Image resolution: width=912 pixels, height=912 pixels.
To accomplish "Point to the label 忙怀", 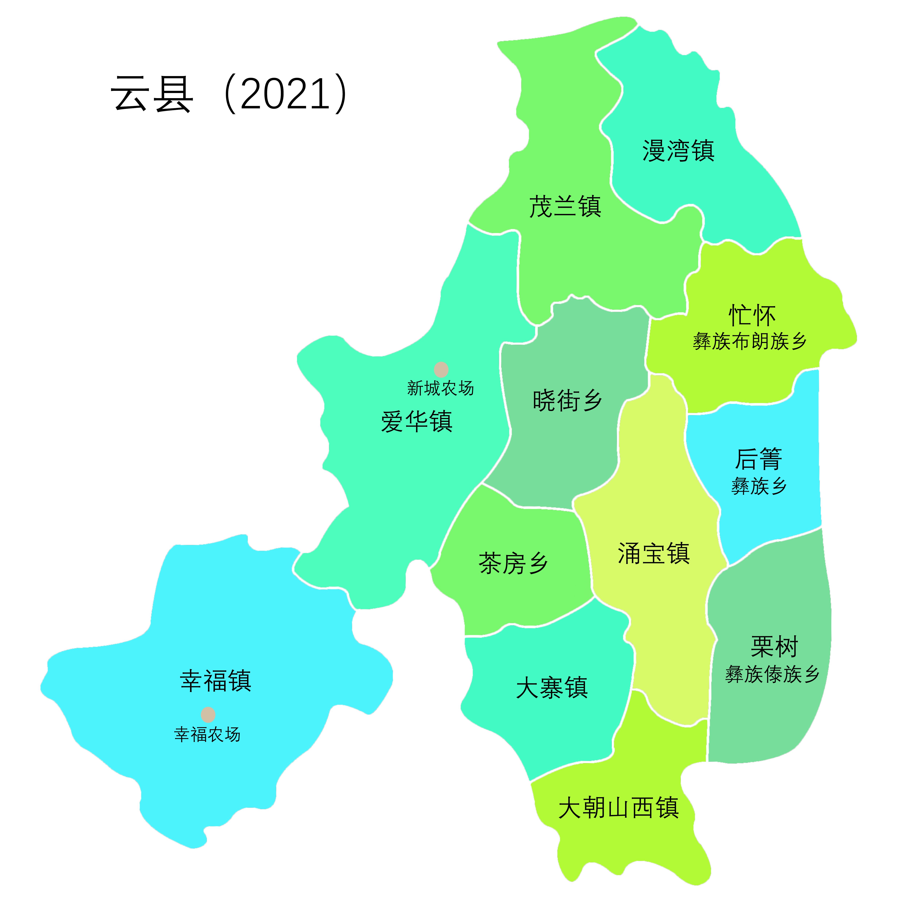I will (x=752, y=315).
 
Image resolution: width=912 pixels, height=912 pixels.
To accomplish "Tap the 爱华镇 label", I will (x=417, y=422).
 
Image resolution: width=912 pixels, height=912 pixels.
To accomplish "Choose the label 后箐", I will (x=759, y=459).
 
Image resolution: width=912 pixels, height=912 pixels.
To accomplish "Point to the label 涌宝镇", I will (x=654, y=553).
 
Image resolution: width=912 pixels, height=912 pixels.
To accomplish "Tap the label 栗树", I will (x=774, y=647).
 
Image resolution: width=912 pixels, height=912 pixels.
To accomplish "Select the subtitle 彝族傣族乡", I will (x=772, y=674).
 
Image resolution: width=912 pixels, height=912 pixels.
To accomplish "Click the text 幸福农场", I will (x=207, y=735).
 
